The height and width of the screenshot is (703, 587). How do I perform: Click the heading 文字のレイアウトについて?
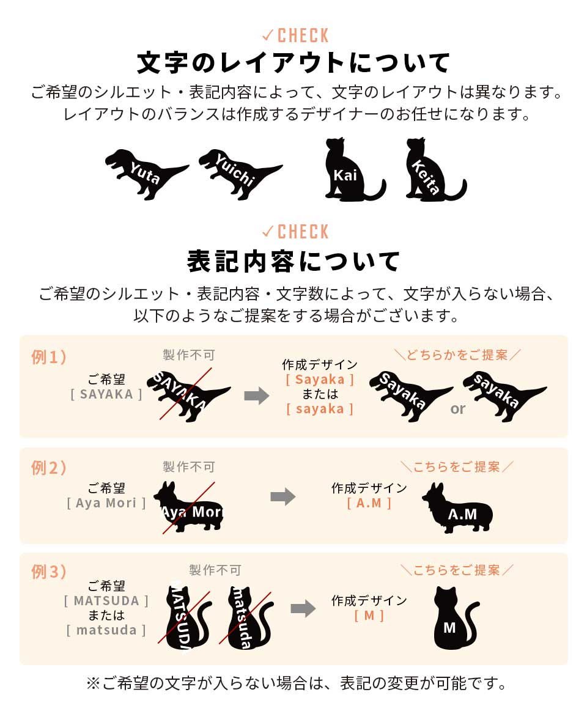tap(293, 63)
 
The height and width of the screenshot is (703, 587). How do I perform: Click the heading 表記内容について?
tap(293, 261)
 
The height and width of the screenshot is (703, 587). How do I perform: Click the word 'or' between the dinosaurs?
tap(458, 409)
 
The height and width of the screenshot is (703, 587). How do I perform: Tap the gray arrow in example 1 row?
tap(256, 396)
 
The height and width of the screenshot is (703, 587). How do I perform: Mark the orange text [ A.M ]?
tap(369, 502)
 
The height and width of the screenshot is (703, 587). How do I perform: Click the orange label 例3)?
tap(49, 572)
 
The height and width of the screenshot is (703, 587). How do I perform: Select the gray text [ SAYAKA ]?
tap(106, 394)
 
